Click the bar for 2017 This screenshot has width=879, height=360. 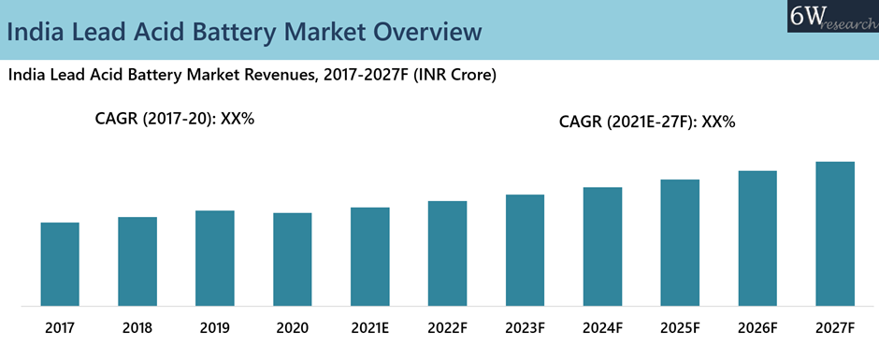[60, 264]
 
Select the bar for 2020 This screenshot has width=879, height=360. [293, 259]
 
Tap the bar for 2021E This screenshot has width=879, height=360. [370, 256]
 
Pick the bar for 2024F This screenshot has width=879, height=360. [602, 246]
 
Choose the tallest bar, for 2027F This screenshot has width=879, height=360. [835, 234]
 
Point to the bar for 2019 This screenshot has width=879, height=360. [215, 258]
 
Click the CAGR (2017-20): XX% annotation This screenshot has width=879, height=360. [175, 119]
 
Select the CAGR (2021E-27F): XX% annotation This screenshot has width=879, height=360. [646, 122]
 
